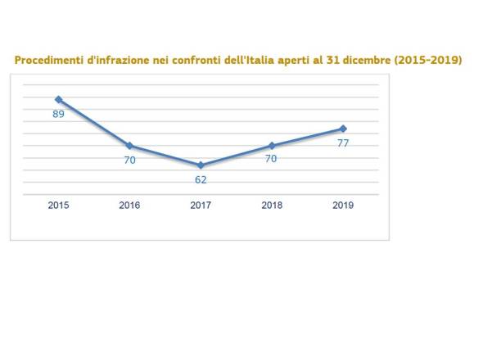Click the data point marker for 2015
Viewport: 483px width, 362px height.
point(58,99)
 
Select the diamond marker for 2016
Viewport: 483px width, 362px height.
point(129,146)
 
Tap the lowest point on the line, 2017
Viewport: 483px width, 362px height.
point(201,165)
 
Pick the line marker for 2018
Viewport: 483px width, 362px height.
point(271,146)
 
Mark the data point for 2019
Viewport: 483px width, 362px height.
point(343,129)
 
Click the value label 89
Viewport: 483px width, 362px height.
point(58,114)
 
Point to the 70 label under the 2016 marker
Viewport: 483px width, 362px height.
point(129,161)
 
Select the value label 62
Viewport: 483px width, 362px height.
point(201,179)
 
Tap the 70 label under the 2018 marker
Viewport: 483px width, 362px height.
point(271,159)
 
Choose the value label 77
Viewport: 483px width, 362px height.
point(343,143)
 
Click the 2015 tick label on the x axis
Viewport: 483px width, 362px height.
point(58,206)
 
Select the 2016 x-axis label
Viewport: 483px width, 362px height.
point(129,206)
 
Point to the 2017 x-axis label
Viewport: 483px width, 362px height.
point(201,206)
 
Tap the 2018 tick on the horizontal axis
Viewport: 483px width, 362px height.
point(272,206)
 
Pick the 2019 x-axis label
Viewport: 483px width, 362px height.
point(343,206)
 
